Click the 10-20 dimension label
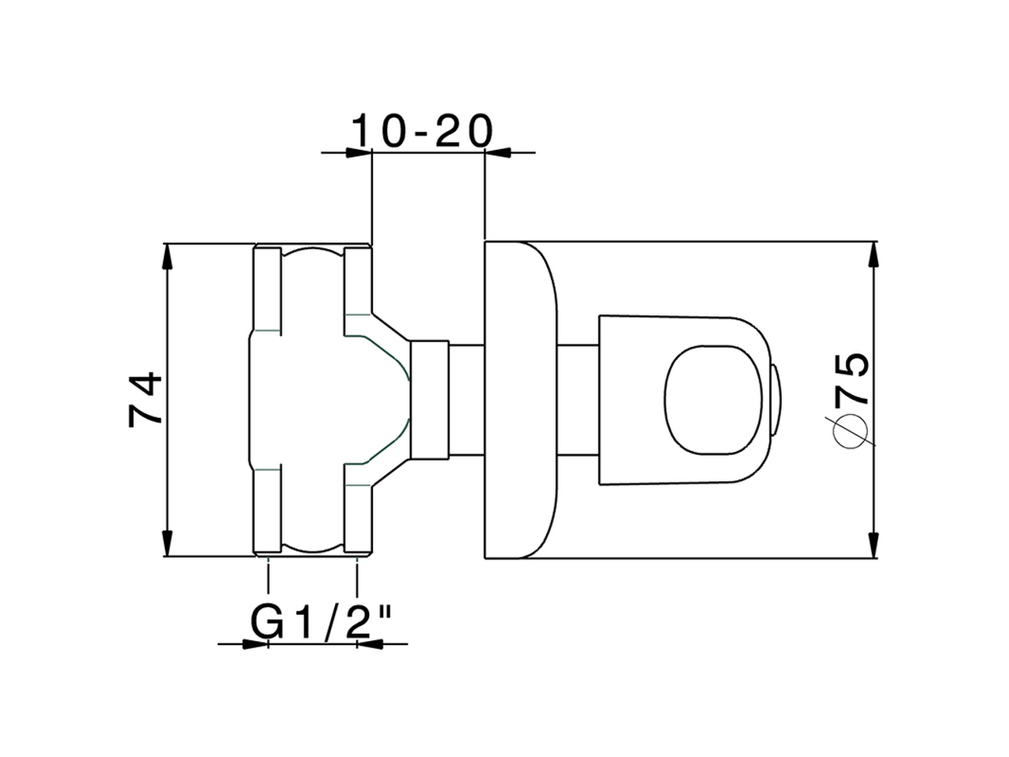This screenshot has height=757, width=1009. pyautogui.click(x=422, y=131)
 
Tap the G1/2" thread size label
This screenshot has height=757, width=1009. pyautogui.click(x=322, y=623)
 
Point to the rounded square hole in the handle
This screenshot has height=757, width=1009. pyautogui.click(x=713, y=400)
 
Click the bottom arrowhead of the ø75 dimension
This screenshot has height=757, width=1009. pyautogui.click(x=873, y=544)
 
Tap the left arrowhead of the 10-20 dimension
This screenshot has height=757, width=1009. pyautogui.click(x=359, y=152)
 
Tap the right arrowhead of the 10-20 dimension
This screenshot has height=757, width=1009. pyautogui.click(x=497, y=152)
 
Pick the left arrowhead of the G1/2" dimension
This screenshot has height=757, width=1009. pyautogui.click(x=255, y=644)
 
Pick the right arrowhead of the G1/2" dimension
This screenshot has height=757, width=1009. pyautogui.click(x=370, y=644)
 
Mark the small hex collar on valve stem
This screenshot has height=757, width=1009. pyautogui.click(x=430, y=400)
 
